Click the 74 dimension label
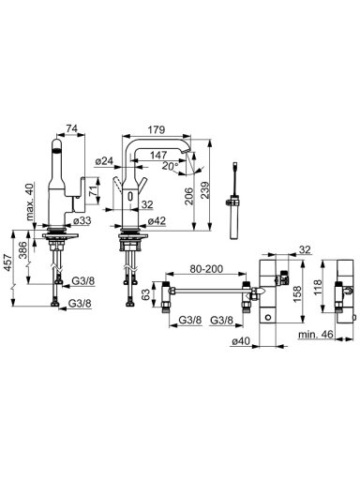click(71, 128)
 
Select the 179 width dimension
click(157, 129)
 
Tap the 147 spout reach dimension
click(158, 155)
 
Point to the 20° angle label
click(171, 166)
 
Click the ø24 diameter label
click(104, 161)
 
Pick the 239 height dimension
click(205, 190)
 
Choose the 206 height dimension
click(188, 196)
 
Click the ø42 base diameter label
click(157, 220)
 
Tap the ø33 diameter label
click(82, 220)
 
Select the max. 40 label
click(30, 202)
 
